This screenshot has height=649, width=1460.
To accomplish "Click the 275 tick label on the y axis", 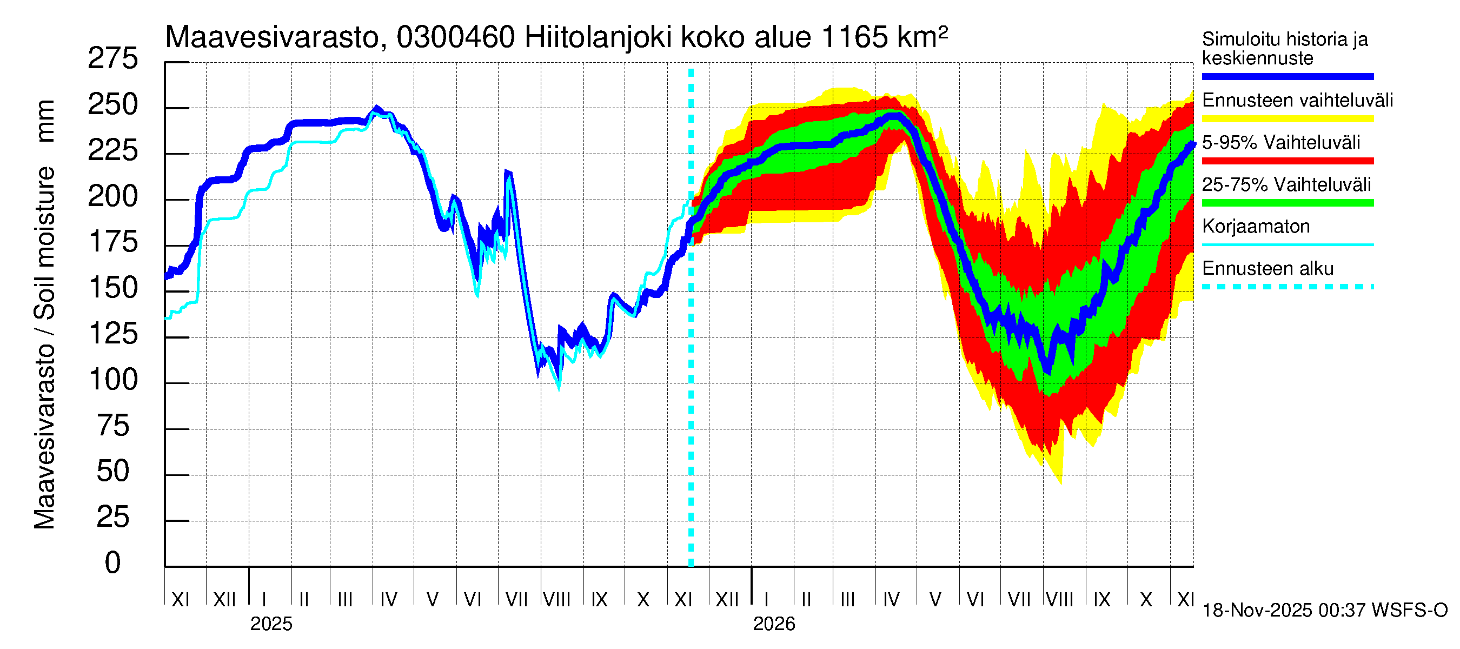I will click(x=112, y=59).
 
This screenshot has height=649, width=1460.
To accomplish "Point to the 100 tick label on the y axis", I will click(x=114, y=380).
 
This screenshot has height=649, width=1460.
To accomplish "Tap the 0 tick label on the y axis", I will click(x=113, y=563).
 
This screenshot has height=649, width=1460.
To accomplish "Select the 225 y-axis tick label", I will click(x=112, y=151).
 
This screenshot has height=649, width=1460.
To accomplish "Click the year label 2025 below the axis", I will click(x=271, y=624).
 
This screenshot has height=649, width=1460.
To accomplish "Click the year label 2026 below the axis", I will click(x=774, y=624).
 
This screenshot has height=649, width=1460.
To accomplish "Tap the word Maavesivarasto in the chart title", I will click(x=271, y=38).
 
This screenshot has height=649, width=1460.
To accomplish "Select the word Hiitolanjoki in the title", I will click(x=598, y=38).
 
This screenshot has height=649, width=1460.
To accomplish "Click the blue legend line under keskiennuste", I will click(x=1287, y=76).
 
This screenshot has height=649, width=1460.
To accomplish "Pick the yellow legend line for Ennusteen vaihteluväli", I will click(x=1287, y=119).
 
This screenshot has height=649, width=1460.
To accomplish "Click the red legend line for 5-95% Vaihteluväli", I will click(x=1287, y=161).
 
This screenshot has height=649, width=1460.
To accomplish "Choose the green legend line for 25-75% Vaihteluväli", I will click(x=1287, y=203).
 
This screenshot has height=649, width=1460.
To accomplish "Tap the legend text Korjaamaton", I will click(x=1256, y=227).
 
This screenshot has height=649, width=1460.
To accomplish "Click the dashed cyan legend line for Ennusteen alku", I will click(x=1287, y=287).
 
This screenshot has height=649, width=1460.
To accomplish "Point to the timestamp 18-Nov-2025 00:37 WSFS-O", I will click(x=1324, y=611).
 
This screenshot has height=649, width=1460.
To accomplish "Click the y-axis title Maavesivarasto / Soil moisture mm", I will click(x=44, y=315).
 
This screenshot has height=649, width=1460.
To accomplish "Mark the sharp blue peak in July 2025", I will click(x=507, y=172).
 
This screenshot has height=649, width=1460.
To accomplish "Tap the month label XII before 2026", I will click(x=727, y=600).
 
